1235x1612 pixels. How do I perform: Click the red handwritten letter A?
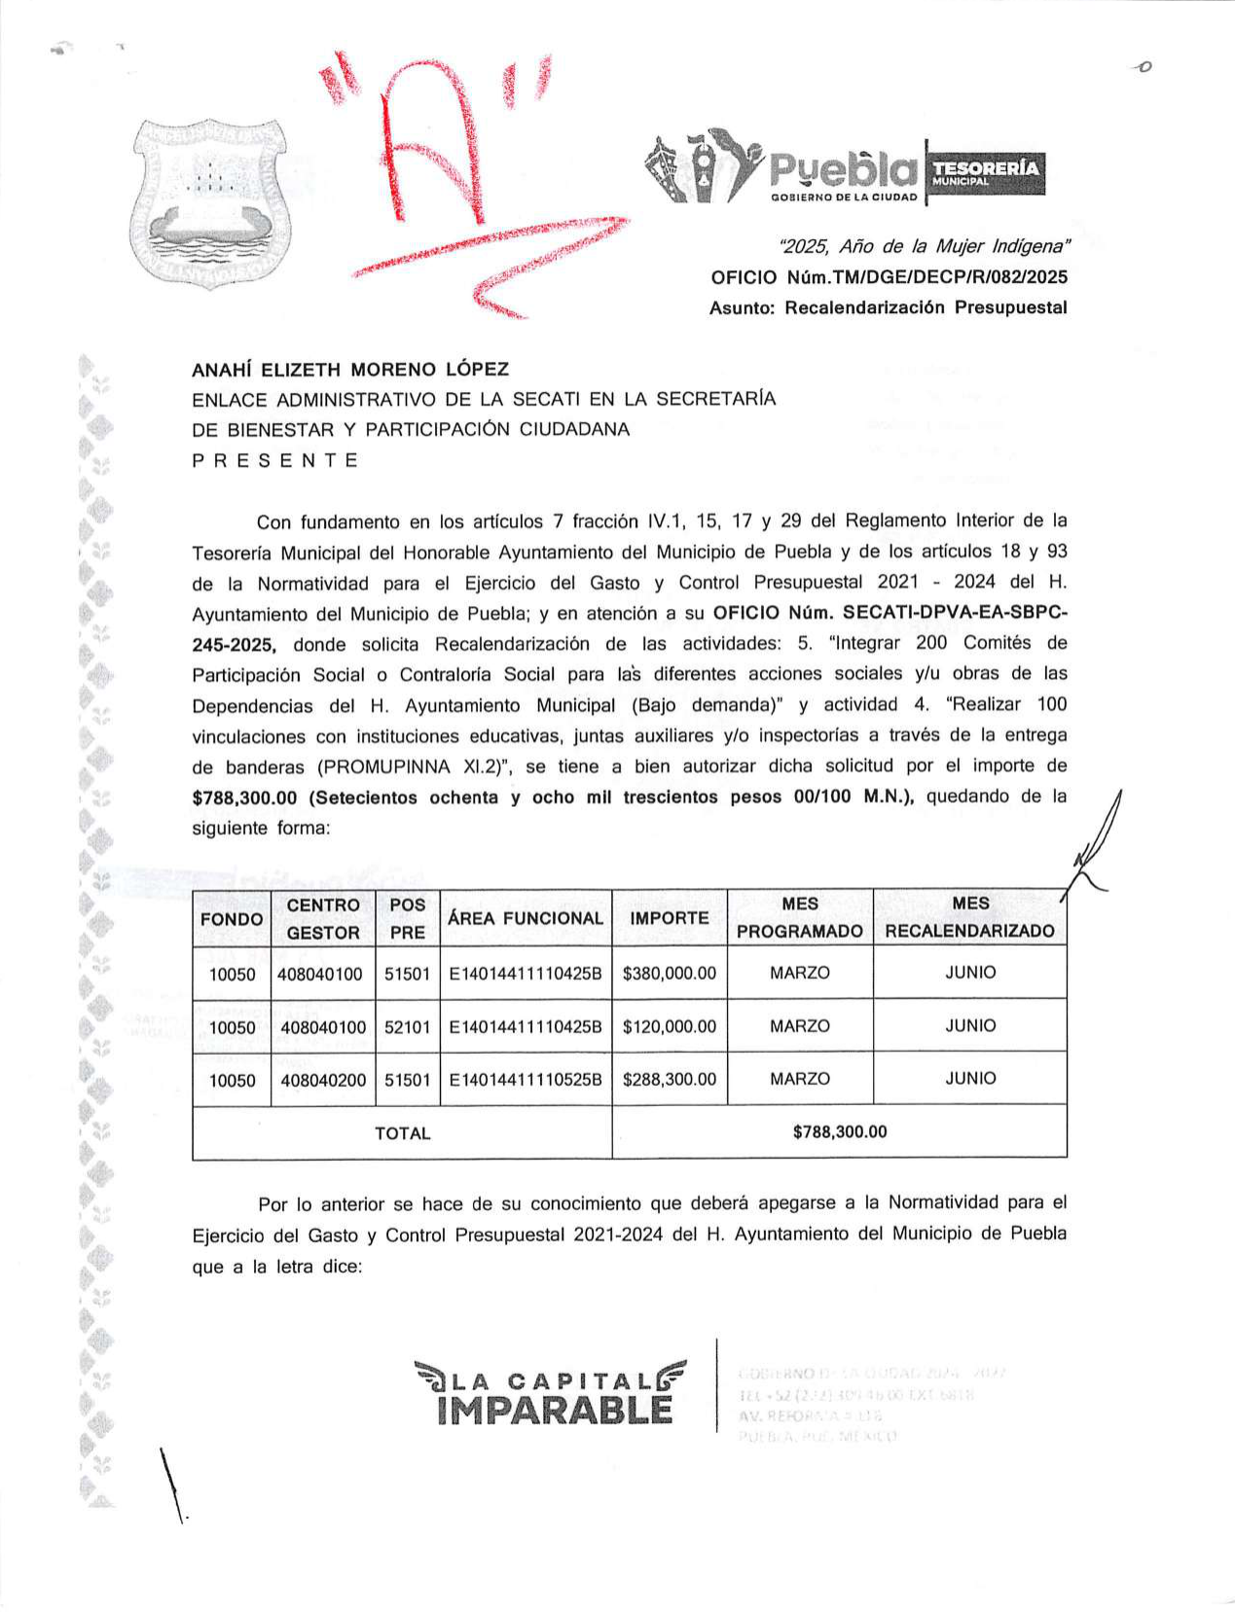(x=428, y=146)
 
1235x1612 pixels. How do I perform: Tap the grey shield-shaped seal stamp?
(x=210, y=202)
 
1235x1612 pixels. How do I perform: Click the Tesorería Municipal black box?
(x=985, y=173)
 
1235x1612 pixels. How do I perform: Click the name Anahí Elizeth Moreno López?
(x=350, y=370)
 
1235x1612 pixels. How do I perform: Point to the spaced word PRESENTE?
(x=275, y=460)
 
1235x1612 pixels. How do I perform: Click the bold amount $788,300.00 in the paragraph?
(x=244, y=798)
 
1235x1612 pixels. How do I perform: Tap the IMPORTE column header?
(x=670, y=918)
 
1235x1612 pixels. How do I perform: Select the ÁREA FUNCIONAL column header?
(x=526, y=918)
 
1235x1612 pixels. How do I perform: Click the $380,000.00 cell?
(x=670, y=973)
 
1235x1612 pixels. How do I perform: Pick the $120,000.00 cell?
(x=670, y=1026)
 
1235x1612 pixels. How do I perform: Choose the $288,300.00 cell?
(x=670, y=1079)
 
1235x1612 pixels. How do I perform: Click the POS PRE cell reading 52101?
(x=408, y=1026)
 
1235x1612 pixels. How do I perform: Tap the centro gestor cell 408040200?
(x=323, y=1079)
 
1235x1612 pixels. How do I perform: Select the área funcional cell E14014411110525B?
(x=526, y=1079)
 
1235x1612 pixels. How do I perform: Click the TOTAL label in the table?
(x=402, y=1133)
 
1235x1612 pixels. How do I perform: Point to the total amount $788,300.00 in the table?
(x=840, y=1131)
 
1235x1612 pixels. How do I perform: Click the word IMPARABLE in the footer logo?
(x=555, y=1410)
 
